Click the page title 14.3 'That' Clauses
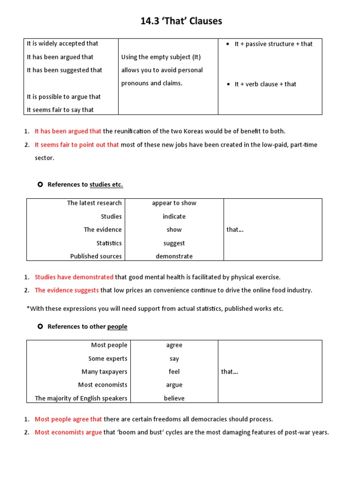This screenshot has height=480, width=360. [x=181, y=21]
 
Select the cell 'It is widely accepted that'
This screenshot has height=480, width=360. [x=62, y=44]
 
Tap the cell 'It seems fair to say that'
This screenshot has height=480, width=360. [x=60, y=110]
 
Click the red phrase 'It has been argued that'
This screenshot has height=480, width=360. [x=68, y=131]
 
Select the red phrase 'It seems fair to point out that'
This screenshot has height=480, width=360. [x=77, y=145]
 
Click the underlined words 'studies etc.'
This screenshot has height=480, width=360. [x=106, y=185]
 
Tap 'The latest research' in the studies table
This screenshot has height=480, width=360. [x=94, y=203]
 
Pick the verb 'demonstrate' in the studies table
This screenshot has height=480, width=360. [x=174, y=256]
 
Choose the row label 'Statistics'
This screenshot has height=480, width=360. [x=109, y=243]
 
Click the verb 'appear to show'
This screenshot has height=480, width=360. [x=174, y=203]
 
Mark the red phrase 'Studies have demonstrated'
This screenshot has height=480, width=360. [x=74, y=277]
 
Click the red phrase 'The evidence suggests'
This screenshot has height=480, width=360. [x=67, y=290]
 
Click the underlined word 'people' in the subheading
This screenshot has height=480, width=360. [x=117, y=327]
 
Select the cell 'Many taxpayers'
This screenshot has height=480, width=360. [x=104, y=372]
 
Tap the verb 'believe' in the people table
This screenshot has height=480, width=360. [x=174, y=398]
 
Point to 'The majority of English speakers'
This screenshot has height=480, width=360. [x=81, y=398]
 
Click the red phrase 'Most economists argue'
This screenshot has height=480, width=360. [x=68, y=432]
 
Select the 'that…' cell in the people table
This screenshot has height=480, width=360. [x=229, y=372]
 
